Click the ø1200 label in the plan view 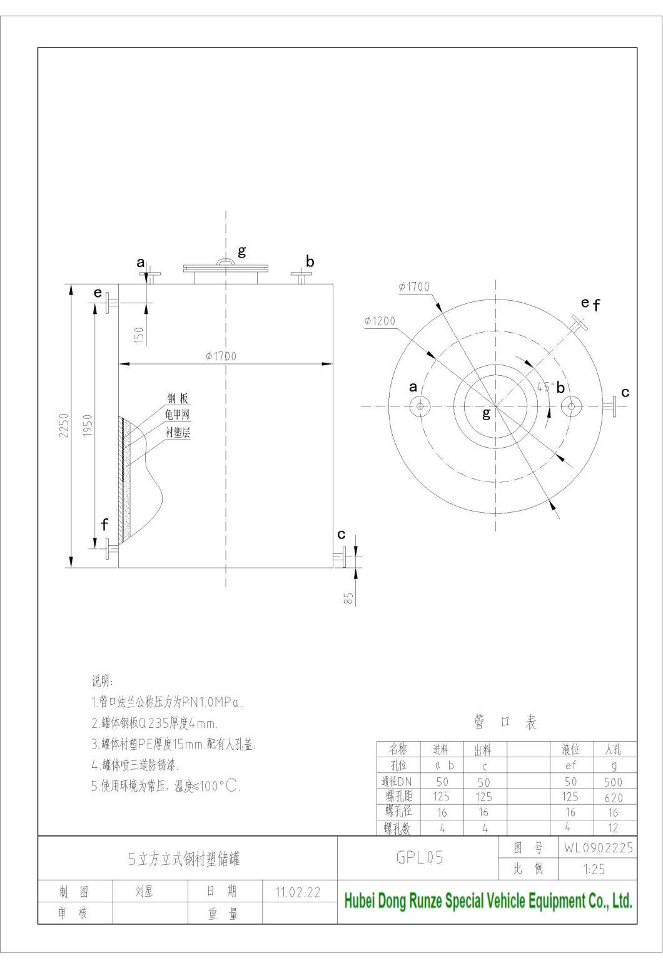[x=380, y=321]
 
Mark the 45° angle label [x=545, y=387]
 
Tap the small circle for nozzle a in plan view [x=420, y=406]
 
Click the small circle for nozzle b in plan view [x=570, y=406]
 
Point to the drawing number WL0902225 [x=598, y=848]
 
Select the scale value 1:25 [x=593, y=869]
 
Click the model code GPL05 [x=420, y=858]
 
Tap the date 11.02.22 [x=298, y=892]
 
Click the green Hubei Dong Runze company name [x=488, y=901]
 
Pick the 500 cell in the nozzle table [x=613, y=782]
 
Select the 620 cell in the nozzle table [x=614, y=797]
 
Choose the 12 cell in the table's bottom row [x=613, y=828]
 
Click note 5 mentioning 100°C [x=166, y=787]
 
